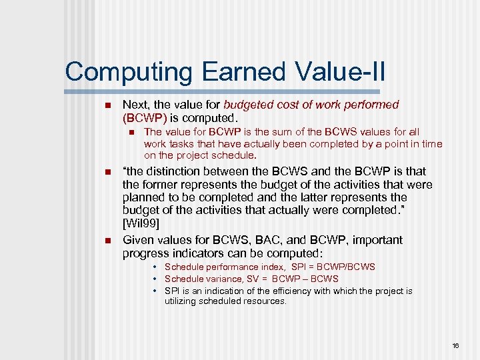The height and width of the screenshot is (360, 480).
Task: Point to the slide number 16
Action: coord(456,345)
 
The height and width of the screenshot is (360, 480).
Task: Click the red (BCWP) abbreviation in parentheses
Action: coord(145,117)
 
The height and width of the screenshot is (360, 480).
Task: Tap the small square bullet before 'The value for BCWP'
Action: coord(131,133)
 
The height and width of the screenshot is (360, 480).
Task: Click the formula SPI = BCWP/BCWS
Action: coord(333,267)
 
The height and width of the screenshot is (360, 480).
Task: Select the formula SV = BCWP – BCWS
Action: coord(298,279)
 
